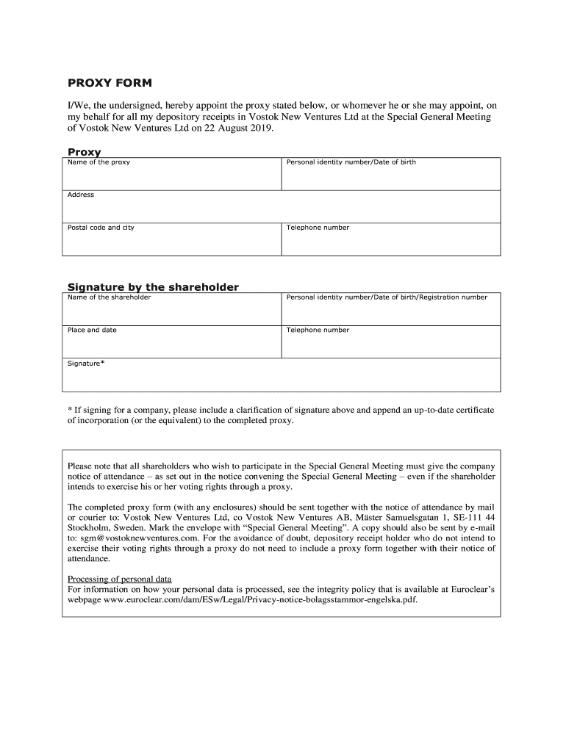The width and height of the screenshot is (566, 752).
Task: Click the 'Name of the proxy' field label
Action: tap(98, 162)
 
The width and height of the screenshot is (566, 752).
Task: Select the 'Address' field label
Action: tap(81, 195)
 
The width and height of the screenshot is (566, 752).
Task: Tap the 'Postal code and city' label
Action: tap(101, 228)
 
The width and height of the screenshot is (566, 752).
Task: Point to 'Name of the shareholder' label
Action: tap(109, 297)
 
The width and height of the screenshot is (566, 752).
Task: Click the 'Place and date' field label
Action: tap(92, 330)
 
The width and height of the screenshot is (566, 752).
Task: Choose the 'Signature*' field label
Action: tap(86, 364)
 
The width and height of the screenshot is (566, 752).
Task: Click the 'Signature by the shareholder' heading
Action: tap(153, 287)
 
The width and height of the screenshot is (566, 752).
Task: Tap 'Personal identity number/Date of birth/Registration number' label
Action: tap(387, 297)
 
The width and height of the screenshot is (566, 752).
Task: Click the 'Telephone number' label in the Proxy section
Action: tap(318, 228)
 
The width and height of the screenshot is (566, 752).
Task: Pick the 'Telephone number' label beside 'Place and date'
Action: tap(318, 330)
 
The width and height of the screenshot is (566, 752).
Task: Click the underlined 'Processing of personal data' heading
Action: tap(125, 579)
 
